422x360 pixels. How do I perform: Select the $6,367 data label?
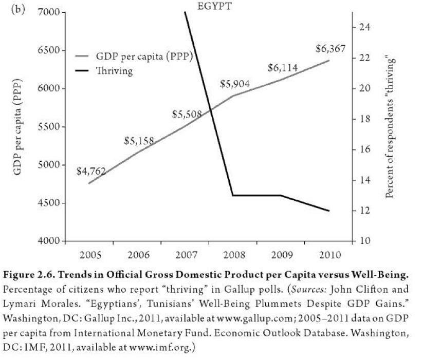(331, 49)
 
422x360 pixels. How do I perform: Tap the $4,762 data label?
(90, 171)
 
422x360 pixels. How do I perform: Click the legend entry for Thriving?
(114, 71)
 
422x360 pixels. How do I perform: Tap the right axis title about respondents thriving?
(392, 126)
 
